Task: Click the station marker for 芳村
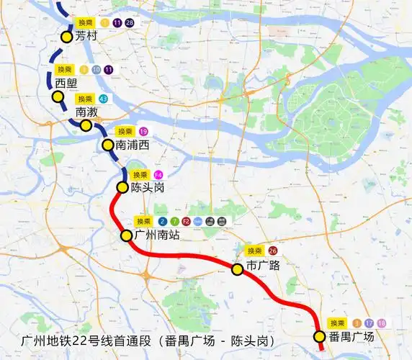(x=67, y=37)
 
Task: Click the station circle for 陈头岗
(x=123, y=188)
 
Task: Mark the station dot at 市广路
(x=236, y=269)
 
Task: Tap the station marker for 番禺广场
(x=320, y=336)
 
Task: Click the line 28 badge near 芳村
(x=130, y=23)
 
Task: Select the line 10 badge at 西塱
(x=95, y=69)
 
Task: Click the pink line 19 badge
(x=144, y=131)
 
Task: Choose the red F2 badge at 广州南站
(x=187, y=222)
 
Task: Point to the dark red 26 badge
(x=273, y=251)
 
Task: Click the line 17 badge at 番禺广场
(x=369, y=323)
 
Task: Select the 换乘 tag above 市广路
(x=254, y=251)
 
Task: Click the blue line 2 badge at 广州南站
(x=164, y=222)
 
